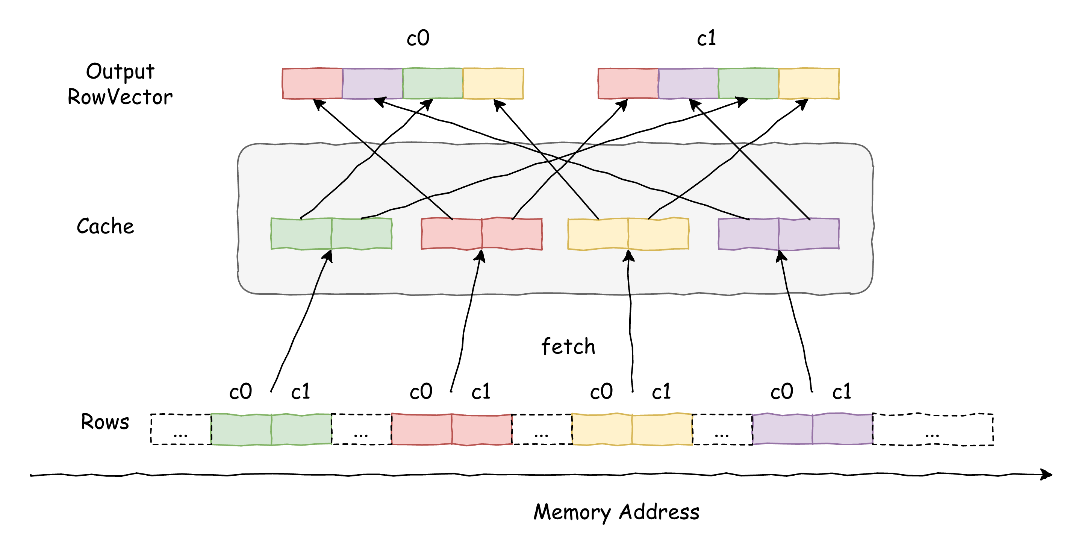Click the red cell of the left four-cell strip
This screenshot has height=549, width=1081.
point(312,83)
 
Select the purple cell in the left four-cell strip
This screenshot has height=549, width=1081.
point(372,83)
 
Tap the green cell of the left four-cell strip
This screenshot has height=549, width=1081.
point(433,83)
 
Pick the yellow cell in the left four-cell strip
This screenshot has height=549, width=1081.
point(493,83)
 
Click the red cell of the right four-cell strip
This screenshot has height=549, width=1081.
point(628,83)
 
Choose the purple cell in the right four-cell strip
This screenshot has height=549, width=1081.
point(688,83)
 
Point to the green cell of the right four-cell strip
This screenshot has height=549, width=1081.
point(748,83)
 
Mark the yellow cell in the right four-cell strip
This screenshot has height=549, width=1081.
point(808,83)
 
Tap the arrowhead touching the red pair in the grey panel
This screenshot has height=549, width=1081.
point(480,256)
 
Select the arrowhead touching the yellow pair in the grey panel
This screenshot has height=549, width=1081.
point(628,256)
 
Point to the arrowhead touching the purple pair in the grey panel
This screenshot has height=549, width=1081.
point(781,256)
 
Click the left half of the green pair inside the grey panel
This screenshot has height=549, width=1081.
point(301,234)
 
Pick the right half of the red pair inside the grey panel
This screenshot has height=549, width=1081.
point(512,234)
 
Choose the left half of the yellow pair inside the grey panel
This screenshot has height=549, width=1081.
point(598,234)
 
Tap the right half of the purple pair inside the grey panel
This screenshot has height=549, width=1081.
point(808,234)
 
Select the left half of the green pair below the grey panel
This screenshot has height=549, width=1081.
point(241,429)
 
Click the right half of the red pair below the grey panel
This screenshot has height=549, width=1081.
point(482,429)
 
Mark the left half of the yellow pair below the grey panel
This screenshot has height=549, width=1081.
point(602,429)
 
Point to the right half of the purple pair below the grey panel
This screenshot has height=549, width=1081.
point(842,429)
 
